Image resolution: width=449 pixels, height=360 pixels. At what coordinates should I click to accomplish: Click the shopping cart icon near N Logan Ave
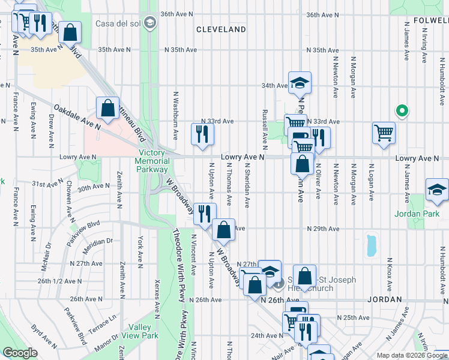384,133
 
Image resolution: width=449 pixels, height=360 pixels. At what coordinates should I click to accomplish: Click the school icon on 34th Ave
299,83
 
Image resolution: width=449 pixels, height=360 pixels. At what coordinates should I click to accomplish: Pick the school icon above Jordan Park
436,190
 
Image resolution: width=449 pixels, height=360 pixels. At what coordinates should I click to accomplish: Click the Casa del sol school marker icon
149,24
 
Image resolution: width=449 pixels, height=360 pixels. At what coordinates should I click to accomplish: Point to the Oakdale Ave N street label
76,116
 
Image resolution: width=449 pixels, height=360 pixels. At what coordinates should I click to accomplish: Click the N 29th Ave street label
321,229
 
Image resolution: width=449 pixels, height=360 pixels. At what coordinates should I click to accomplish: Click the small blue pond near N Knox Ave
371,244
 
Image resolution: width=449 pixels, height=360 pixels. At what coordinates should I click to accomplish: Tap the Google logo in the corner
20,353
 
